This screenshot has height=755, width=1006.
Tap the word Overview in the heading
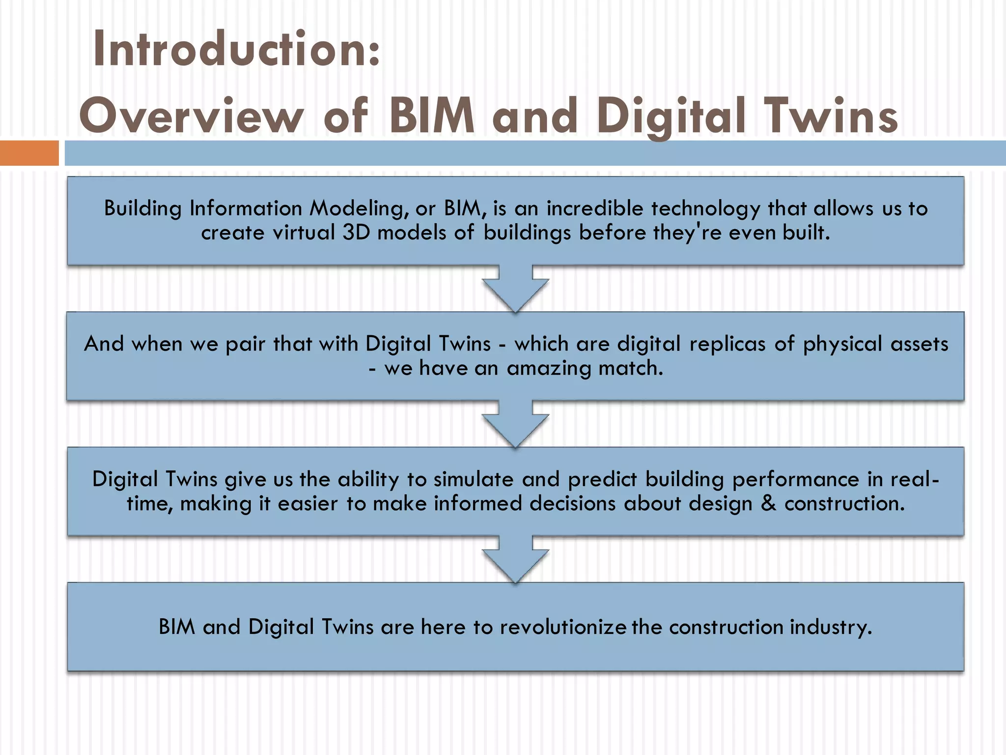click(x=192, y=116)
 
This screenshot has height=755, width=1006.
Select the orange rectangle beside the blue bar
click(x=29, y=153)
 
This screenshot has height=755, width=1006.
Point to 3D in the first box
click(x=356, y=233)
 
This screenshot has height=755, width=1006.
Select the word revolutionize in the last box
click(x=563, y=627)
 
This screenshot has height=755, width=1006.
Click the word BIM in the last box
click(x=176, y=627)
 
